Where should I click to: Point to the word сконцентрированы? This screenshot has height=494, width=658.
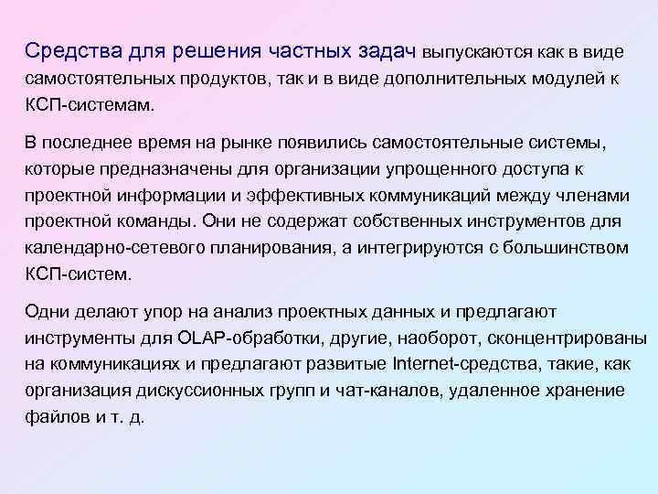pyautogui.click(x=560, y=338)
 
